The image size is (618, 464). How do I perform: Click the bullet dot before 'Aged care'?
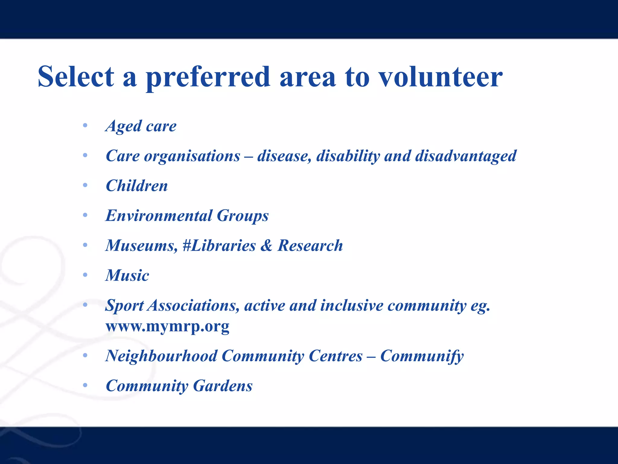click(85, 125)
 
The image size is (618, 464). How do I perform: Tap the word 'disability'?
click(348, 156)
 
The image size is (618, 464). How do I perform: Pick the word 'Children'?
click(137, 186)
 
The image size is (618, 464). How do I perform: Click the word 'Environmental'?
click(159, 216)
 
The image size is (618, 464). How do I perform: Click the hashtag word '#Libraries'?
click(219, 245)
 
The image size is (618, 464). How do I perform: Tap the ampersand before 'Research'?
click(266, 245)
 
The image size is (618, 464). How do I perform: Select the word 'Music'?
click(127, 275)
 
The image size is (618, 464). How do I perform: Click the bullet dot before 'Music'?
click(85, 275)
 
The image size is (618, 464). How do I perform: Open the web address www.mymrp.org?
click(167, 326)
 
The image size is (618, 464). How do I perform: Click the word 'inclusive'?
click(352, 305)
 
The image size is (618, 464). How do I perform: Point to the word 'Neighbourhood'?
click(161, 356)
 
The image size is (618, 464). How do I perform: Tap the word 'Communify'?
click(422, 356)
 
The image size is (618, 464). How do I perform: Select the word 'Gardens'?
click(223, 386)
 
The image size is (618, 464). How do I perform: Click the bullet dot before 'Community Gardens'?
click(85, 385)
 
